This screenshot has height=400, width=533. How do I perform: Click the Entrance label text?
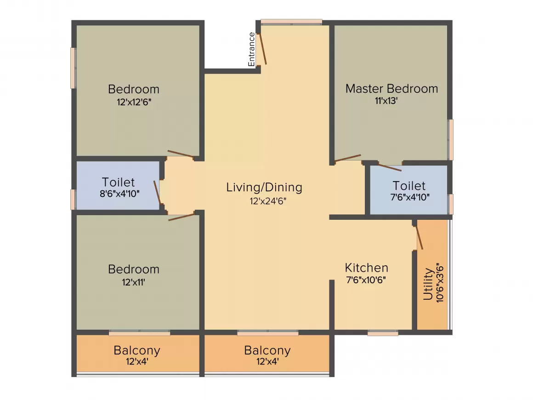251,49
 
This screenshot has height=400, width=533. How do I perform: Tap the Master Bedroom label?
391,88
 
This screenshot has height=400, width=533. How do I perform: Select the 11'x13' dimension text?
386,101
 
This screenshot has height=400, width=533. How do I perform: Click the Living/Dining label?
264,187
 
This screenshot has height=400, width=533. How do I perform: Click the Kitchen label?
366,268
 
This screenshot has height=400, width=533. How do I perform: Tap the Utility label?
428,284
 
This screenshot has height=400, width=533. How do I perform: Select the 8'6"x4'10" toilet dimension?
119,194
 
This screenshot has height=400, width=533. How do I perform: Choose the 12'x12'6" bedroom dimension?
134,102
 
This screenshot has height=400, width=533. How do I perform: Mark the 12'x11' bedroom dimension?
134,282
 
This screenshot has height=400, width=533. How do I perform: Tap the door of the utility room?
419,237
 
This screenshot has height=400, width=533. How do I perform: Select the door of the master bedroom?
348,158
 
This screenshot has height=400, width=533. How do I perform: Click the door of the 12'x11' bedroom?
181,217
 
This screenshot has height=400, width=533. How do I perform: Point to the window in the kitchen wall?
383,333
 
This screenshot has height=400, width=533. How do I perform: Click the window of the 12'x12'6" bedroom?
73,68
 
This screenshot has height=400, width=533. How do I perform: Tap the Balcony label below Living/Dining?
267,350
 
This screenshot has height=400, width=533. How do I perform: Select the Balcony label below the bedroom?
137,350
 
